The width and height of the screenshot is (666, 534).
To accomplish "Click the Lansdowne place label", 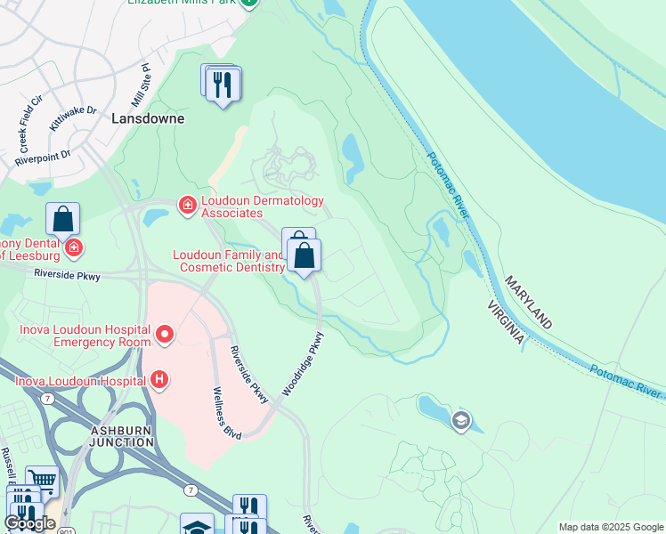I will point(148,117).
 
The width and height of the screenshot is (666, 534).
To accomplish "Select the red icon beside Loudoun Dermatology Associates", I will point(187,206).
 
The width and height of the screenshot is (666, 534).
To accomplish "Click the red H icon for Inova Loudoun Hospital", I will point(159,381).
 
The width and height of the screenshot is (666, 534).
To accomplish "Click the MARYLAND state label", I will point(529,303).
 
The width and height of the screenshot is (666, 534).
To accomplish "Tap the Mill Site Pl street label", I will point(142,81).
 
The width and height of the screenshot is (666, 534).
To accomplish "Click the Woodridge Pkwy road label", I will point(299,364).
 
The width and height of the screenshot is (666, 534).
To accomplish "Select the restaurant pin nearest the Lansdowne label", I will point(222,85).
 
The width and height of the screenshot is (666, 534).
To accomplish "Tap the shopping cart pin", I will point(42,481).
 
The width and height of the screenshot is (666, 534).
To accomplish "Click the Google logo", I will point(29,523).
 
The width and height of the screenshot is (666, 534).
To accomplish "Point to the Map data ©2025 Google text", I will point(610,527).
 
